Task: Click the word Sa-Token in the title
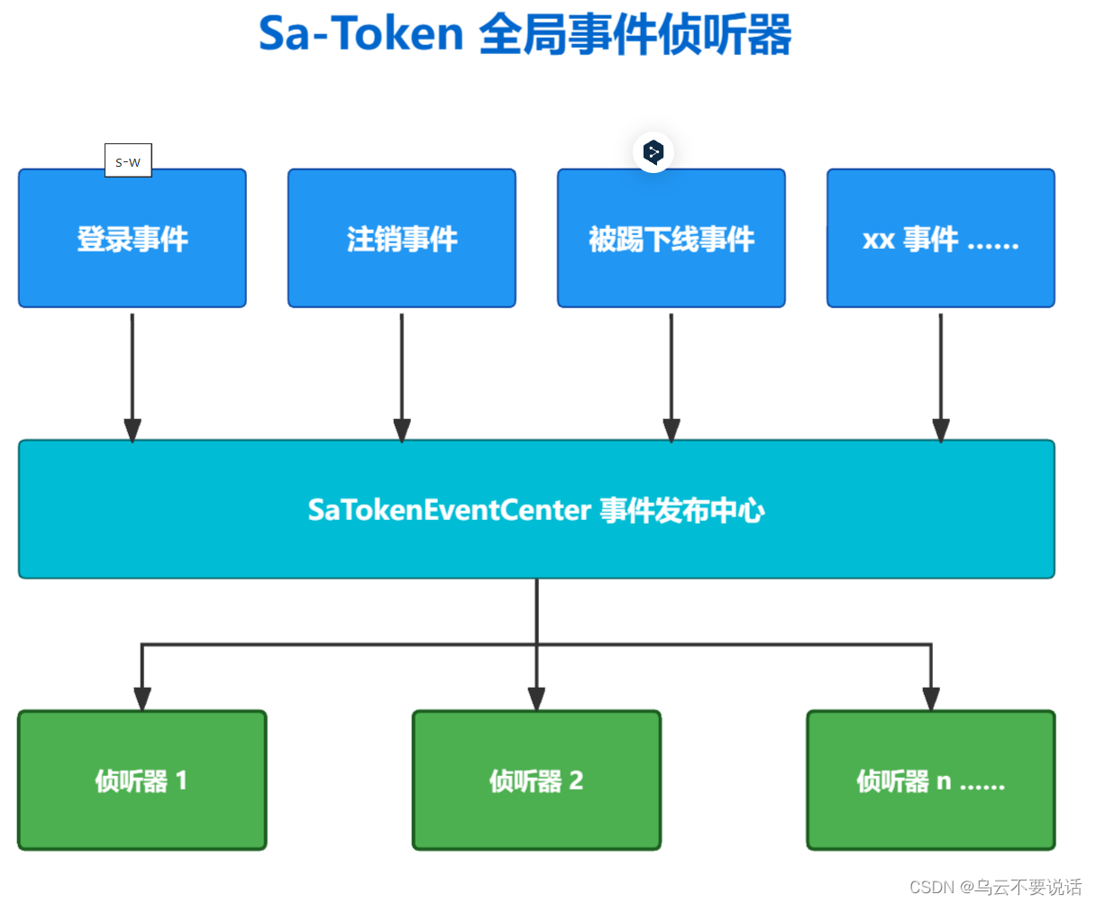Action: (x=361, y=34)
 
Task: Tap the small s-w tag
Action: (x=128, y=161)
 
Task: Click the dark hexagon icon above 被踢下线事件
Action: (x=653, y=151)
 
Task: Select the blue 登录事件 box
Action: (x=132, y=239)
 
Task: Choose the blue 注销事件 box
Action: (x=402, y=239)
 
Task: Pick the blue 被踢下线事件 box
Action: (x=671, y=239)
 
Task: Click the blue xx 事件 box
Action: (x=941, y=239)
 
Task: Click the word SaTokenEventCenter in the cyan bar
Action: (x=449, y=510)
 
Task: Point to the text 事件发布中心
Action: (x=682, y=510)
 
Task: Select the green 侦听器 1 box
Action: (x=142, y=781)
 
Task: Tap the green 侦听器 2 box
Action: (x=536, y=781)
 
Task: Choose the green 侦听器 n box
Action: (x=931, y=781)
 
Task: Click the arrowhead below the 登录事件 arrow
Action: (x=132, y=430)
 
